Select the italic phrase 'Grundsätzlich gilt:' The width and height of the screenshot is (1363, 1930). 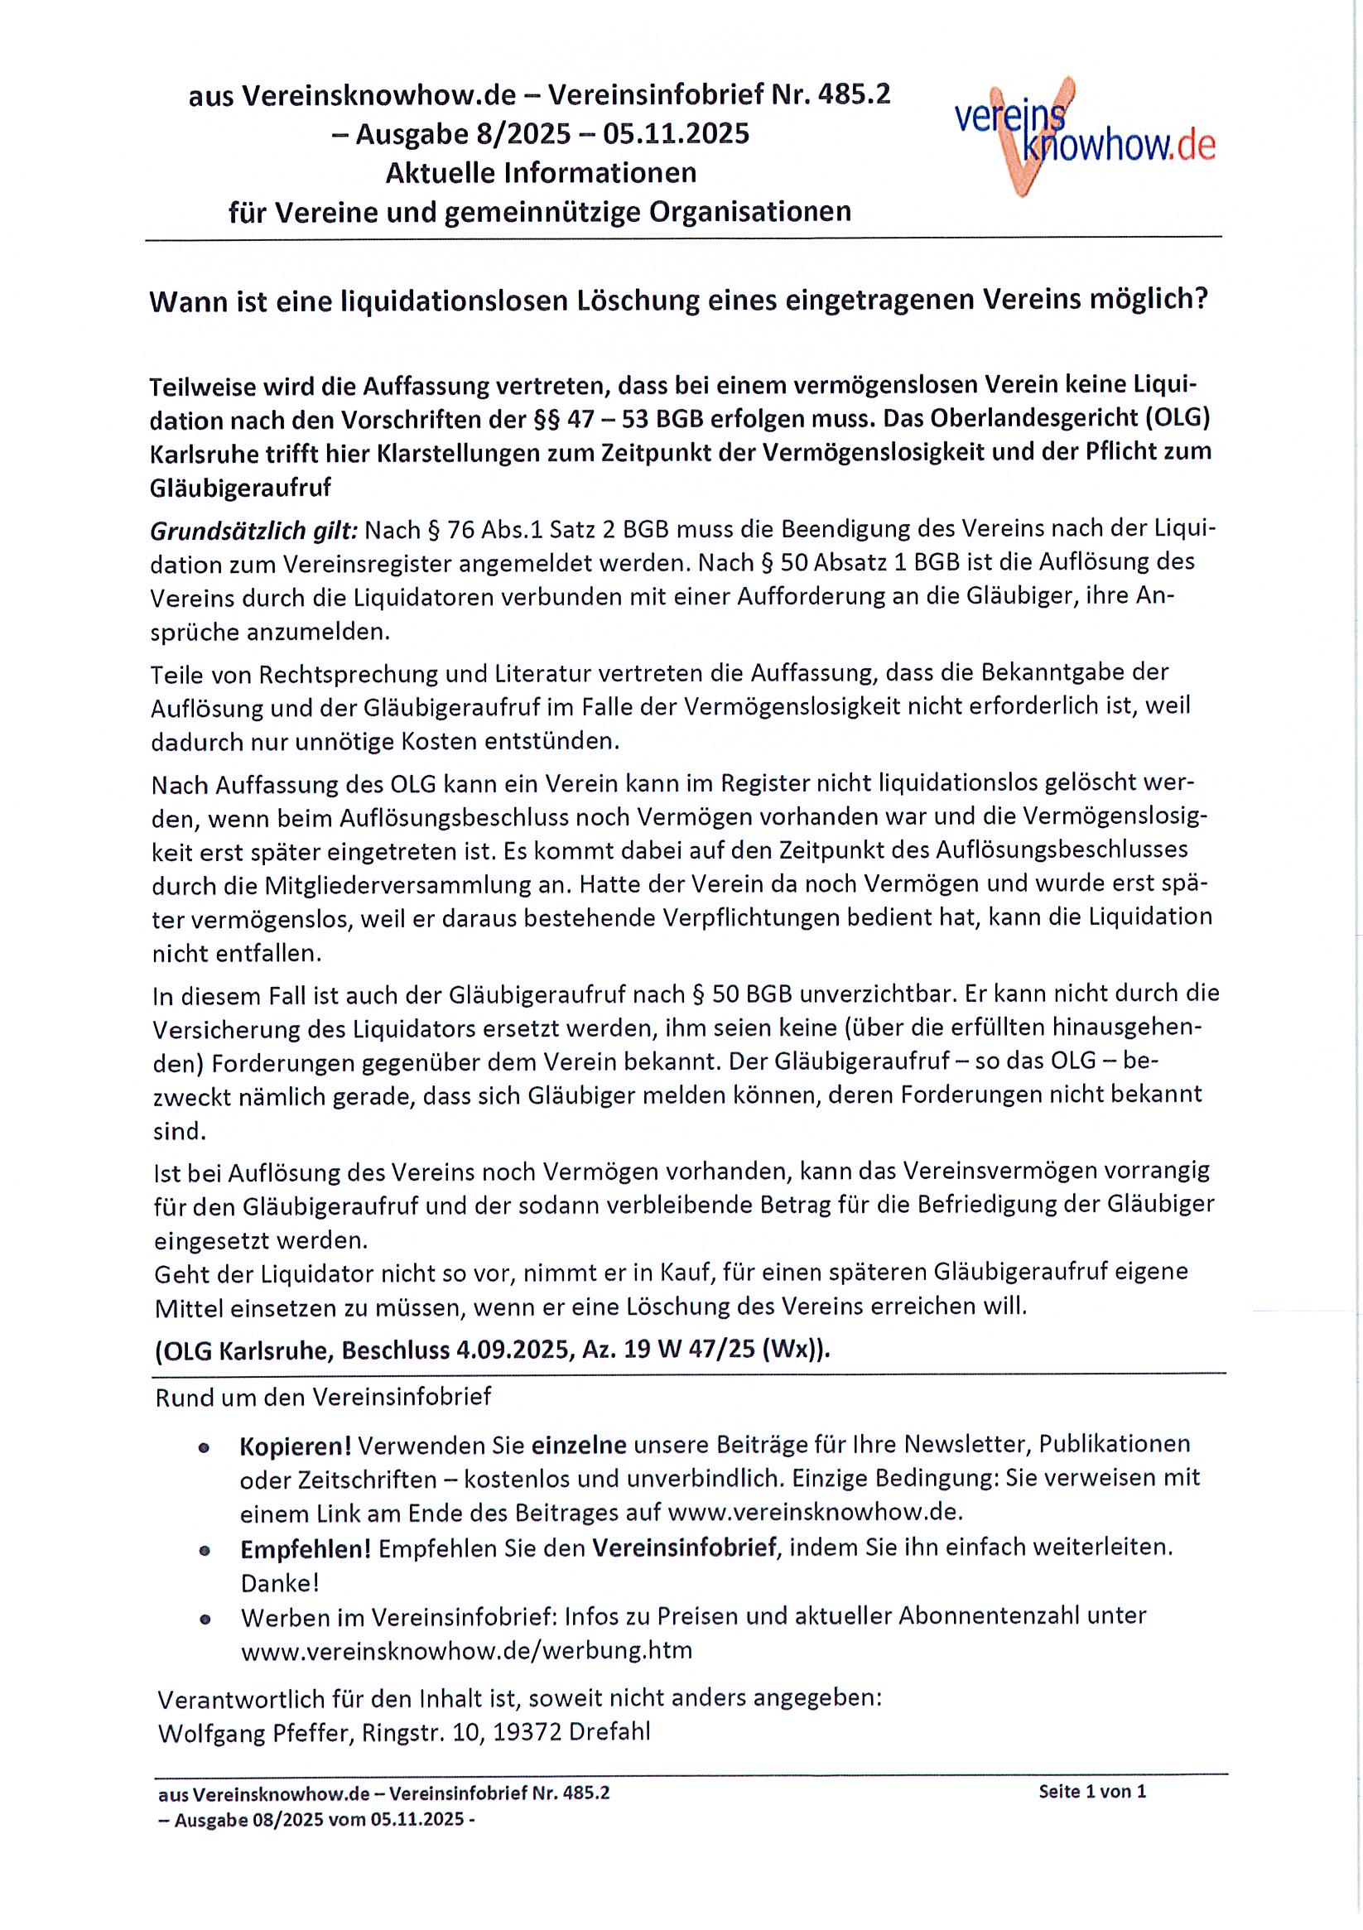(254, 532)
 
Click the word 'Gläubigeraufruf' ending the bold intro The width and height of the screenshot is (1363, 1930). (239, 488)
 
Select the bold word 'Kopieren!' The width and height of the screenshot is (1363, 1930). (295, 1445)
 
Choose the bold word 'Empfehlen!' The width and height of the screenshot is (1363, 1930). (306, 1547)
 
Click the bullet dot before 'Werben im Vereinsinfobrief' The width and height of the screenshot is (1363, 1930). (205, 1618)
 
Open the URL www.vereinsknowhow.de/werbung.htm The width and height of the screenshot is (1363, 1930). (466, 1650)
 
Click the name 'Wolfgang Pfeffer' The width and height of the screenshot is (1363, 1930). (256, 1731)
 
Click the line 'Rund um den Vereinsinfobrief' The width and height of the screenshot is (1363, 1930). (323, 1397)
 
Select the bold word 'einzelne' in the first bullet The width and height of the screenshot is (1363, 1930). (579, 1445)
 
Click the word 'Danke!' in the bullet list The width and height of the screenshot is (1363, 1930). (279, 1583)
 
